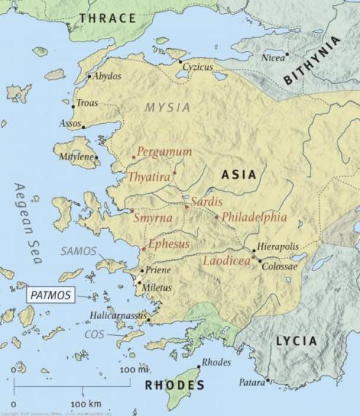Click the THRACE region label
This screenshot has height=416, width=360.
pos(108,17)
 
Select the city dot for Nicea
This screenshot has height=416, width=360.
pos(288,54)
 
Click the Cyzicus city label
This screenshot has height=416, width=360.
pos(197,67)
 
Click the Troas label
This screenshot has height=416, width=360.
pos(87,103)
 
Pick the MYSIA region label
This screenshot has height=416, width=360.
pos(168,107)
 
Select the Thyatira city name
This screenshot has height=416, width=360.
pos(149,176)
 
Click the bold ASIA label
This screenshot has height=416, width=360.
pos(238,175)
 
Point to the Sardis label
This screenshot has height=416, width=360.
pos(207,201)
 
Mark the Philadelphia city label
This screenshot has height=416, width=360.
pos(254,217)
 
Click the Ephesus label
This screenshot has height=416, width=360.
pos(168,243)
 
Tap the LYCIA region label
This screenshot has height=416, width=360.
pos(296,340)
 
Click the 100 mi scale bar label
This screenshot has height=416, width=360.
pos(133,370)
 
